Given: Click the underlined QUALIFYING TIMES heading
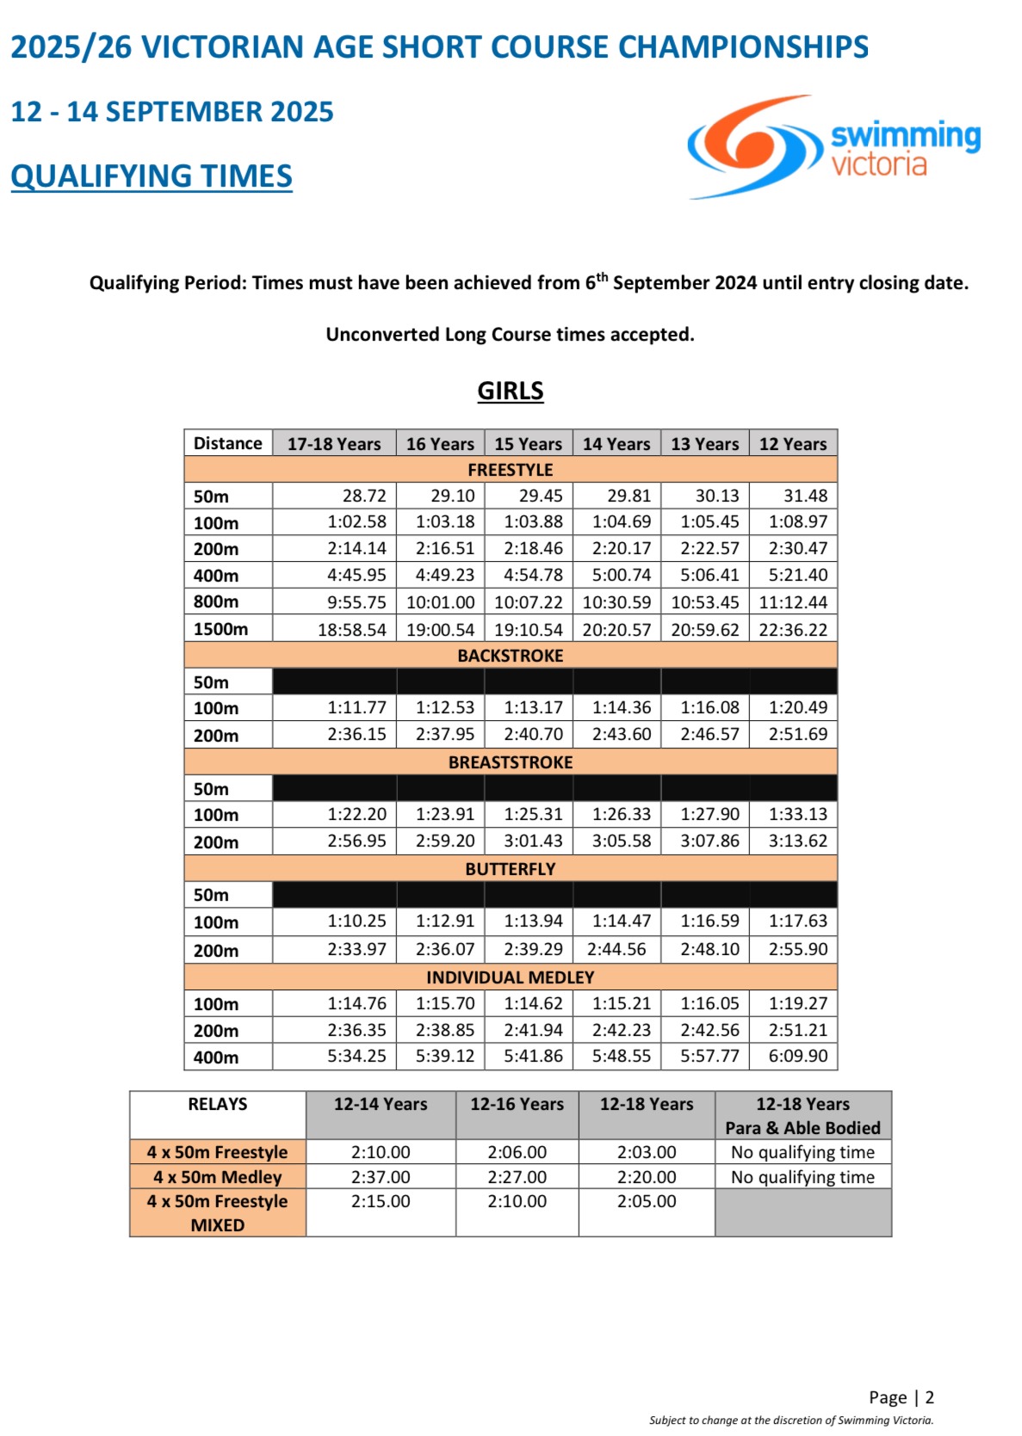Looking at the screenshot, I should (152, 176).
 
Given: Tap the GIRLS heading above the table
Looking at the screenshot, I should (511, 391).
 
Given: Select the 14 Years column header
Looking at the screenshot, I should (616, 444).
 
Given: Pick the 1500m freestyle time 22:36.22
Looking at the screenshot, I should (793, 630).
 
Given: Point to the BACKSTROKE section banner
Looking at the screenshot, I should (511, 656).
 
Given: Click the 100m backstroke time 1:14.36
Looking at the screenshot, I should (622, 708).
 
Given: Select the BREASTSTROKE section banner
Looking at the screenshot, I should (511, 762).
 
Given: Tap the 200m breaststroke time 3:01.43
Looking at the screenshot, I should (533, 841).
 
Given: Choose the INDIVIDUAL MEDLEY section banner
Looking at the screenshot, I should (511, 977).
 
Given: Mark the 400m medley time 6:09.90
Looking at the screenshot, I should (798, 1056).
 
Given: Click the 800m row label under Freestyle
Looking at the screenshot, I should (216, 601).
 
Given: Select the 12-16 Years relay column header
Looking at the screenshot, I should (517, 1104).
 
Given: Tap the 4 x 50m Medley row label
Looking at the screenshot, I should (218, 1177).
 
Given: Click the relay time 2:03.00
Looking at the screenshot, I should (647, 1152).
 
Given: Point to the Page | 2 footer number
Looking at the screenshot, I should (901, 1397).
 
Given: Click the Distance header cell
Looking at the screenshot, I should (228, 443).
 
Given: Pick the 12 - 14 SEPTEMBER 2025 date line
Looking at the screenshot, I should (172, 112).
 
